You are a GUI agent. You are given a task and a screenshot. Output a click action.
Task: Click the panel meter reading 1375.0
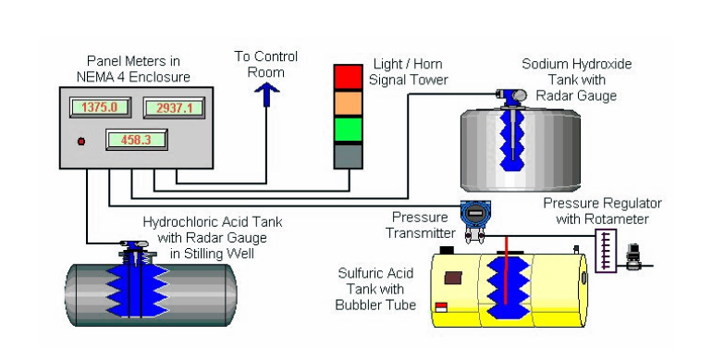click(101, 107)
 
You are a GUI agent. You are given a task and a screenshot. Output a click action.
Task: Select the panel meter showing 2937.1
click(175, 107)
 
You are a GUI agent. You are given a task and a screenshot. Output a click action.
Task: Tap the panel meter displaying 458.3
click(137, 140)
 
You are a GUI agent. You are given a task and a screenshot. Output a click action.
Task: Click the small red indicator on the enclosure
click(81, 142)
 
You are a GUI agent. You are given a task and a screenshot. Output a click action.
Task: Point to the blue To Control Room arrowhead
click(266, 90)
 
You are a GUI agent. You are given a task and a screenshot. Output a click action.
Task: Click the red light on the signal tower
click(349, 78)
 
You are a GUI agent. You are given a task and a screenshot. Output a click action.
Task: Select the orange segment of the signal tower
click(349, 103)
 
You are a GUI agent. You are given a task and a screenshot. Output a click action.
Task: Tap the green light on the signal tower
click(349, 130)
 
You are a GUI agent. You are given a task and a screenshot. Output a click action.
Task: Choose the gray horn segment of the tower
click(349, 156)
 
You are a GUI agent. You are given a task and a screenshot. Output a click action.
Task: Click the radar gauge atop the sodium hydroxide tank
click(511, 96)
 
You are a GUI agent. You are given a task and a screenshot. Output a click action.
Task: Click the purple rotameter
click(606, 251)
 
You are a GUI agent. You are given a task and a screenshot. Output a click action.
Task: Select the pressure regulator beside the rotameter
click(633, 257)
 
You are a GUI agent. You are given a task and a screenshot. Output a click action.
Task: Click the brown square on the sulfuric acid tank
click(453, 279)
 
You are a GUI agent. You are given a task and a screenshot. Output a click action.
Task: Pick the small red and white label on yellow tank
click(441, 307)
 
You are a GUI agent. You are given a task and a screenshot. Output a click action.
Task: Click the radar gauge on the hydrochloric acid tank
click(133, 249)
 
